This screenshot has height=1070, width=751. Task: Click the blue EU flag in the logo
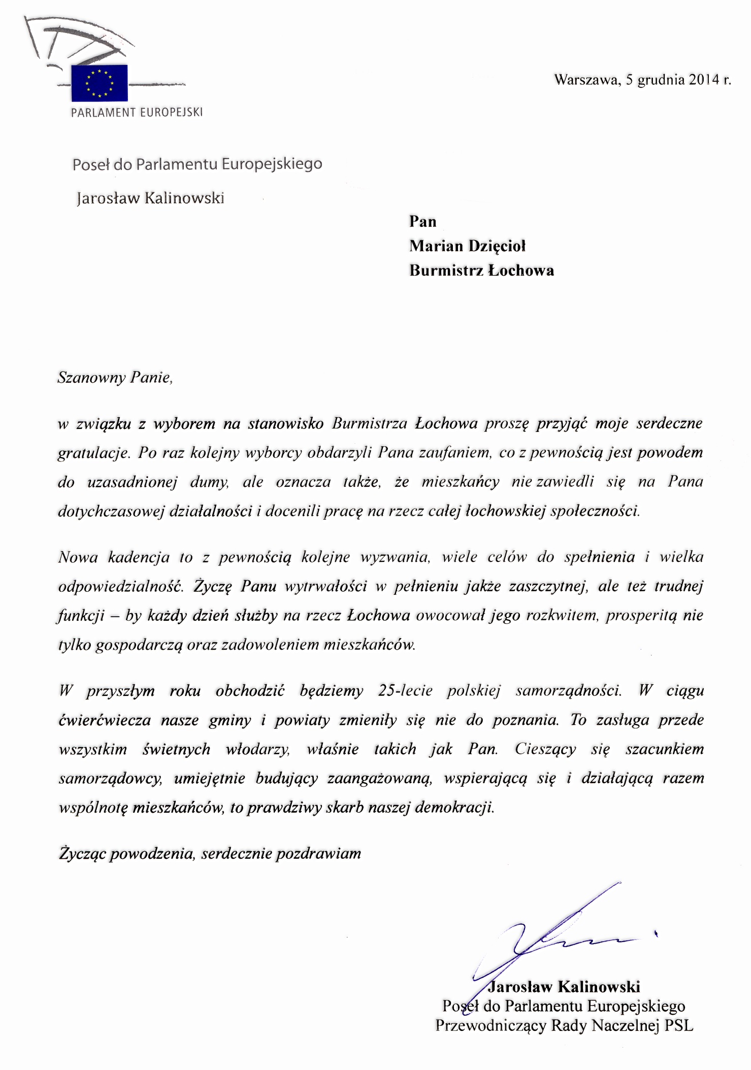99,83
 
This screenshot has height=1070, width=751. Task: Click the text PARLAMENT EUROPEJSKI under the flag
137,113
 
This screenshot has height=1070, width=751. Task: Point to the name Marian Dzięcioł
467,246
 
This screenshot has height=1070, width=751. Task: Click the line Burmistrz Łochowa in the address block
481,271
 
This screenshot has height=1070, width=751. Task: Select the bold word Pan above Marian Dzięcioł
422,221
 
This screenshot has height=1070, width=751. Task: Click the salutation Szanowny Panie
115,378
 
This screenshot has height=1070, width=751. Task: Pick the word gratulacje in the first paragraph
93,453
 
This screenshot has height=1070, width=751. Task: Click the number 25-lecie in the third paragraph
405,691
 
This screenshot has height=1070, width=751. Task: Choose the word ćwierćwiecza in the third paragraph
105,720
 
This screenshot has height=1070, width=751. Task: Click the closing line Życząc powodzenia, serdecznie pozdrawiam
210,854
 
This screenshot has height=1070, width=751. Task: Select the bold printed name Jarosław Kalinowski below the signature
564,987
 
